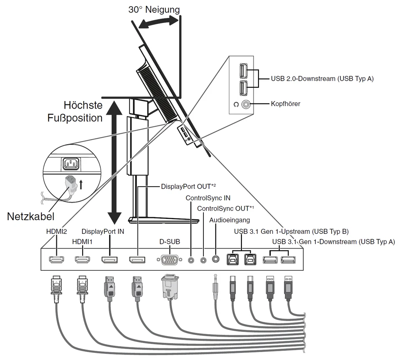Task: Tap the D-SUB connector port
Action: tap(169, 260)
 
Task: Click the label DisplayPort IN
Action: tap(103, 231)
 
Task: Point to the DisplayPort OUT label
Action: tap(188, 187)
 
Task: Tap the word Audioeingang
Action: tap(230, 220)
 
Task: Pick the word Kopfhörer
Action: tap(286, 104)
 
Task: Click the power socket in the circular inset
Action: tap(71, 164)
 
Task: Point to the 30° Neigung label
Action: tap(154, 10)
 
